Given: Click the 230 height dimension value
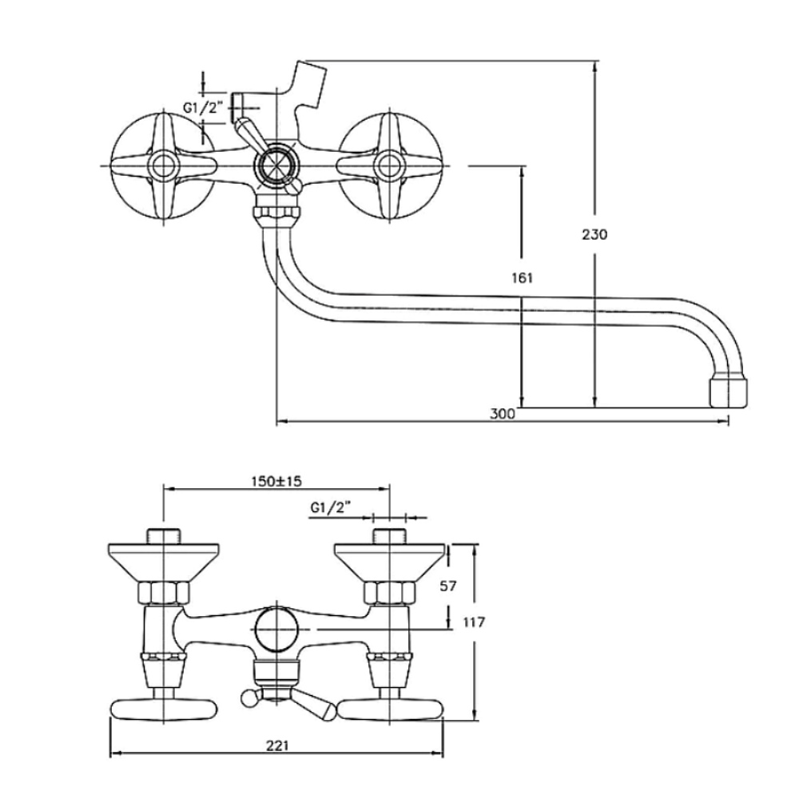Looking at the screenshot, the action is [594, 234].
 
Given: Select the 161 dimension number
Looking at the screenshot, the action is [523, 278].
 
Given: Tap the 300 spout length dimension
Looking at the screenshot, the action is [503, 414].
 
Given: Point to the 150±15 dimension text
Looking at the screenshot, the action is [276, 481].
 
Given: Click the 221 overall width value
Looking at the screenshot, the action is [277, 745].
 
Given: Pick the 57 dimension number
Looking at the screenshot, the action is [448, 586].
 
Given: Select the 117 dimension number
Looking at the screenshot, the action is [474, 622].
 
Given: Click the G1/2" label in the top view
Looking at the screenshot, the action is [203, 108].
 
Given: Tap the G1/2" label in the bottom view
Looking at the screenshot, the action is [331, 507].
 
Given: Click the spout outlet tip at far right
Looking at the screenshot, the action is [729, 392].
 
